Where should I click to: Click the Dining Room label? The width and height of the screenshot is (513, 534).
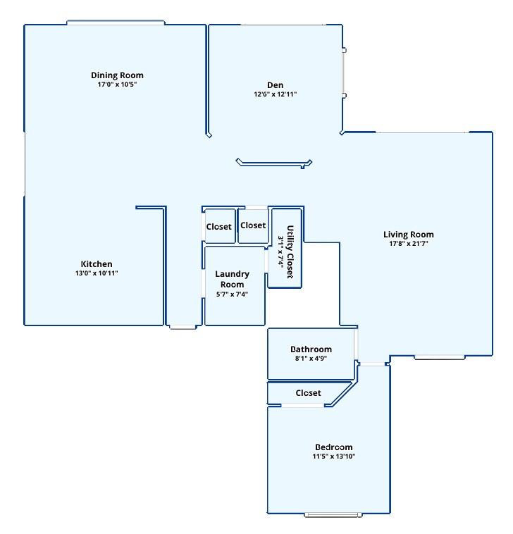click(x=117, y=75)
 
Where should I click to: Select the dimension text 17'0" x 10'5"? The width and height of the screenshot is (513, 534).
click(x=117, y=85)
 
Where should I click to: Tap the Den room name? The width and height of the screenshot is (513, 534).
click(x=275, y=85)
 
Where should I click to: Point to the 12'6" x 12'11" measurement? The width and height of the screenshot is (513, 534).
click(x=275, y=94)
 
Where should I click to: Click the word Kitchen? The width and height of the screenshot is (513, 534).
click(x=97, y=264)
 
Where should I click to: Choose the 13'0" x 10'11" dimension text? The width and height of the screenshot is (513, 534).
click(x=97, y=273)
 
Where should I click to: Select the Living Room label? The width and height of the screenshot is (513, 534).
click(x=408, y=235)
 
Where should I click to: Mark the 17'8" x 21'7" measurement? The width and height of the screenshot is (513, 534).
click(x=408, y=244)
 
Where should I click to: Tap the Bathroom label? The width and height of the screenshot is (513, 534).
click(x=311, y=349)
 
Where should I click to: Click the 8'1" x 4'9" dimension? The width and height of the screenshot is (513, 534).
click(x=311, y=359)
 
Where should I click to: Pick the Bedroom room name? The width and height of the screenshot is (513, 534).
click(x=333, y=447)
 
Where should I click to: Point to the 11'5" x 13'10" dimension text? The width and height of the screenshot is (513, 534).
click(x=333, y=457)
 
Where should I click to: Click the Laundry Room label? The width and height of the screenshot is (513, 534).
click(x=232, y=279)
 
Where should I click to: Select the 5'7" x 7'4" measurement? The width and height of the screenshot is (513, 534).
click(x=232, y=294)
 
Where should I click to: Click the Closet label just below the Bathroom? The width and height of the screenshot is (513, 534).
click(x=308, y=393)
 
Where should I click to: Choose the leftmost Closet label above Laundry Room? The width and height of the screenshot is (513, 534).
click(x=218, y=227)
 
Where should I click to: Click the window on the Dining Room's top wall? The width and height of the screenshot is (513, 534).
click(x=116, y=23)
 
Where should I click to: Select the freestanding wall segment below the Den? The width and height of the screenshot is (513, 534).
click(x=273, y=163)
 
